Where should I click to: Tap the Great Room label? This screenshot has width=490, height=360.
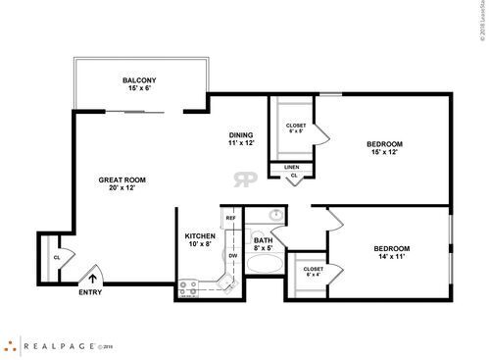pos(122,182)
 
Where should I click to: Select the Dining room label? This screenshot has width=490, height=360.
pos(240,139)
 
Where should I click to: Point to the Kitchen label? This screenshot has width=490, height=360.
pos(200,239)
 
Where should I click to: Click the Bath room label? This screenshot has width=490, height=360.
pos(264,244)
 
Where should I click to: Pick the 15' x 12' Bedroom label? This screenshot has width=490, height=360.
pos(384,148)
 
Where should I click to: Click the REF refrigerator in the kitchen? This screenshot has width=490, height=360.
pos(231,218)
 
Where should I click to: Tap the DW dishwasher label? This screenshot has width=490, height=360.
pos(233,255)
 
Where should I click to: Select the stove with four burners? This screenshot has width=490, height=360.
pos(189,287)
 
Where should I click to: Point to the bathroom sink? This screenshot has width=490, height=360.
pos(276,215)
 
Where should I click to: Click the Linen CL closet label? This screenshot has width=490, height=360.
pos(292,171)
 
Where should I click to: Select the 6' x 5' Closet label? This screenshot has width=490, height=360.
pos(295,128)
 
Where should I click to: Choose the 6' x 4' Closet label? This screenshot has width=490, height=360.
pos(314,272)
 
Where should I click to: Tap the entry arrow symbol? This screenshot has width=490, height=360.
pos(94,277)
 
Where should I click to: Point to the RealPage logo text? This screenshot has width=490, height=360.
pos(61,345)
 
